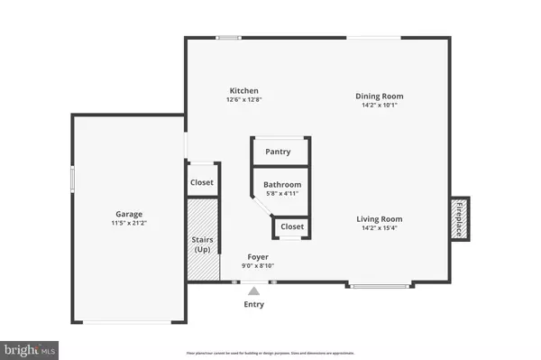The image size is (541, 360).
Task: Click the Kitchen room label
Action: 244,91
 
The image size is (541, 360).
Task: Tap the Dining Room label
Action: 379,96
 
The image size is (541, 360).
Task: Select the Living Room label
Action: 379,218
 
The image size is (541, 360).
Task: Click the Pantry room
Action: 278,152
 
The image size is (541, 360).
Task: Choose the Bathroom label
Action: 282,184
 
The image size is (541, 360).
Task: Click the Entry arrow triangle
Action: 254,291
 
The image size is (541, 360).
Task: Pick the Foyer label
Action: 259,256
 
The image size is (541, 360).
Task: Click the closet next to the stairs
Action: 202,182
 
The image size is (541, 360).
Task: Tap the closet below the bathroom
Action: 292,226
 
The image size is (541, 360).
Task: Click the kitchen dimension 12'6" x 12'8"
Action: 244,100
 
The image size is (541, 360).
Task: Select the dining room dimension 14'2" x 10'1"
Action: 379,105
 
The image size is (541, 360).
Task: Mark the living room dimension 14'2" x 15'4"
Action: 379,227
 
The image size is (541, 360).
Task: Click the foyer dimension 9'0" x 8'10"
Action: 259,265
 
